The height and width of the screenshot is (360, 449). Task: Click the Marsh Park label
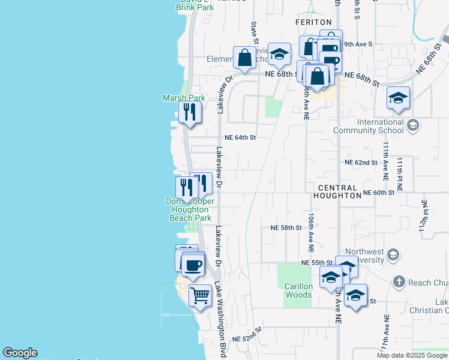pos(184,98)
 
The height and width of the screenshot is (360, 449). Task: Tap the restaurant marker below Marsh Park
pos(190,112)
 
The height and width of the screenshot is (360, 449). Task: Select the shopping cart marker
pos(200,295)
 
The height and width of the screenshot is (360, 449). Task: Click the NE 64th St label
pos(240,137)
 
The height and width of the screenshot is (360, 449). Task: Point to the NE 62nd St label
pos(361,163)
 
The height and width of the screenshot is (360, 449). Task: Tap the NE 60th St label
pos(379,193)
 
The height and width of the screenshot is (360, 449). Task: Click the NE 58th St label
pos(286,228)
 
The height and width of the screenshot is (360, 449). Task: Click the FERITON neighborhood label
pos(313,22)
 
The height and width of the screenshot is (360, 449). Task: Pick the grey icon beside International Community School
pos(412,125)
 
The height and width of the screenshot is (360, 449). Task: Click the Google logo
pos(20,353)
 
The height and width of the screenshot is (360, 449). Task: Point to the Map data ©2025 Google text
pos(412,355)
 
